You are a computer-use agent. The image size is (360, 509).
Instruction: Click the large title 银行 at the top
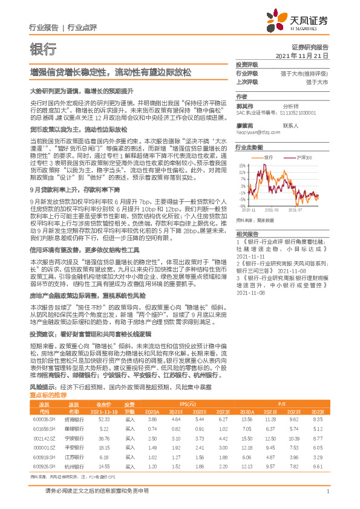[44, 49]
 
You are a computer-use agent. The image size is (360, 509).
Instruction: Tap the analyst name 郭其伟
[244, 105]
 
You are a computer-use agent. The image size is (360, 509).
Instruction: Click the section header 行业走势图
[249, 147]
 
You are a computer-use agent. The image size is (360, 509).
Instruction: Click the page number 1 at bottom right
[327, 491]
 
